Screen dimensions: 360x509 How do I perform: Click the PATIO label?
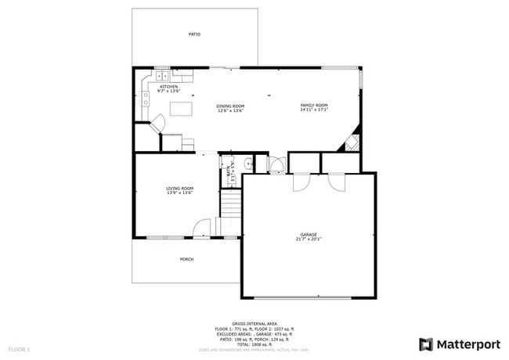pyautogui.click(x=194, y=34)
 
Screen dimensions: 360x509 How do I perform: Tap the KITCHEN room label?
pyautogui.click(x=168, y=87)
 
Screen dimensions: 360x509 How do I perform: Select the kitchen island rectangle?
pyautogui.click(x=182, y=109)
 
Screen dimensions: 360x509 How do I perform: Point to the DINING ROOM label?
pyautogui.click(x=231, y=106)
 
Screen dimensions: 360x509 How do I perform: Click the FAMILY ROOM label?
pyautogui.click(x=314, y=105)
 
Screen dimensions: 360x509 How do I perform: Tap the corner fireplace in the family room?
pyautogui.click(x=351, y=141)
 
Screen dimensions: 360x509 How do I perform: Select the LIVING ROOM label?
pyautogui.click(x=179, y=188)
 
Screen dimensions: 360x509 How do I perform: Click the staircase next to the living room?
pyautogui.click(x=229, y=205)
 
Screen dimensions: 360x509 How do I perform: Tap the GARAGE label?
pyautogui.click(x=308, y=234)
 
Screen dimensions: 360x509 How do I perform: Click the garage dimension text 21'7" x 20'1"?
pyautogui.click(x=308, y=239)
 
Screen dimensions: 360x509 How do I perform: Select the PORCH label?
pyautogui.click(x=186, y=259)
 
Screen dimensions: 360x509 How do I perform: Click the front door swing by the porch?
pyautogui.click(x=202, y=228)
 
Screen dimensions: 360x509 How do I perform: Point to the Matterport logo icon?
pyautogui.click(x=425, y=344)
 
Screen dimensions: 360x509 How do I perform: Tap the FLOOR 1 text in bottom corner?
pyautogui.click(x=19, y=347)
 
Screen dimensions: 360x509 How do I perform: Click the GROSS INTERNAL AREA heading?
pyautogui.click(x=254, y=322)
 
